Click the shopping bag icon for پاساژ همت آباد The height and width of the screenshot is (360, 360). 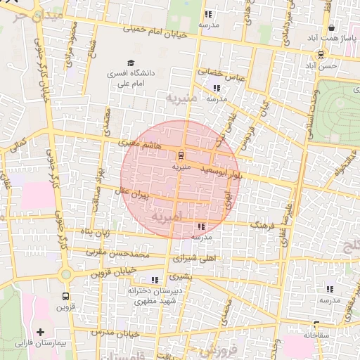coord(321,37)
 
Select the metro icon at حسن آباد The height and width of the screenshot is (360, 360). coord(321,54)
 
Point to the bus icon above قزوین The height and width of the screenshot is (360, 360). coord(65,296)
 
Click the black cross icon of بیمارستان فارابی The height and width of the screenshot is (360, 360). coord(40,332)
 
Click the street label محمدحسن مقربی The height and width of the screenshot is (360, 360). coord(117,251)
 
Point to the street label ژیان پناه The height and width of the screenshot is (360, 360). coord(94,232)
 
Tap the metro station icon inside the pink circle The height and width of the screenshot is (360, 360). coord(181,155)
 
